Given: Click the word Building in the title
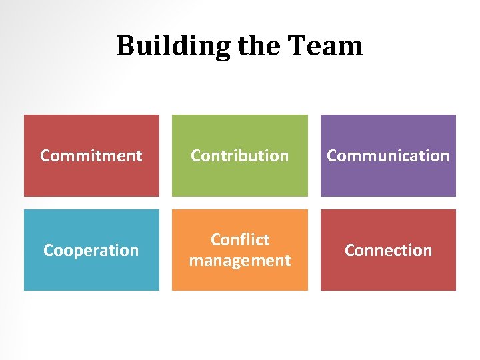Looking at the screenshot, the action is (x=171, y=47).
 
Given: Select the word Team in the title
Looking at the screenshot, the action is (x=325, y=47).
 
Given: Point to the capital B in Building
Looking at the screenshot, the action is (x=125, y=46).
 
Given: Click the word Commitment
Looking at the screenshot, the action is (x=91, y=155).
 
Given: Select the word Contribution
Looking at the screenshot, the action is (x=240, y=155).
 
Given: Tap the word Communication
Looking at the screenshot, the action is (x=388, y=155).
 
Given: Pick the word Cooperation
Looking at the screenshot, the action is (x=91, y=250).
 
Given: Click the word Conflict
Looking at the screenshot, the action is (x=240, y=239).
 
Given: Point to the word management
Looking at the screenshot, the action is (x=240, y=260).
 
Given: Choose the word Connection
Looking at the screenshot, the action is (x=388, y=250).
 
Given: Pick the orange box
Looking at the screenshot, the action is (x=240, y=280).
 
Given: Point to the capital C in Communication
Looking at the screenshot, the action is (x=332, y=155).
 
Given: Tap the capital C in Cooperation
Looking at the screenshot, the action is (x=49, y=250).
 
